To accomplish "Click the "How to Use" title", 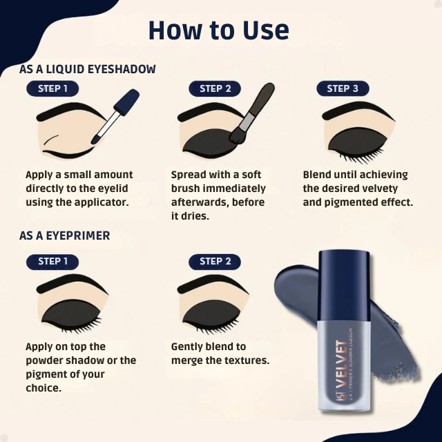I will click(x=218, y=31).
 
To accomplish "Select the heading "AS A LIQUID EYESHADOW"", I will click(x=88, y=69).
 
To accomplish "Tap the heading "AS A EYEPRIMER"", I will click(x=65, y=236).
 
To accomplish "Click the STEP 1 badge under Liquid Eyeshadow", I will click(x=52, y=88).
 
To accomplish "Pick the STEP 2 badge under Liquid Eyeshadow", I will click(x=215, y=88).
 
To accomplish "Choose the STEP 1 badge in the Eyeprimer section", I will click(x=52, y=261).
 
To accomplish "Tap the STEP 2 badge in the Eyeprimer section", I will click(x=215, y=261).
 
